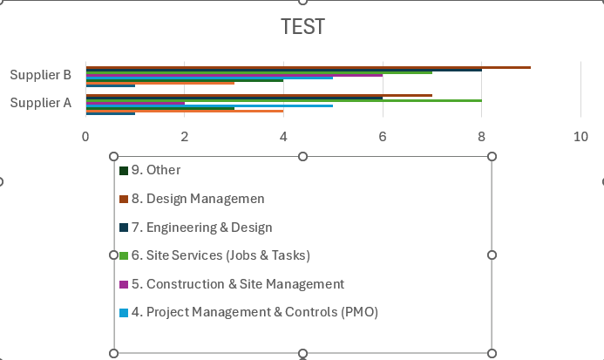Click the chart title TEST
pos(302,27)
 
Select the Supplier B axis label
pos(40,75)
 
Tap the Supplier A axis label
pos(40,103)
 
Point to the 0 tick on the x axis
pos(85,136)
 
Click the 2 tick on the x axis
pos(184,136)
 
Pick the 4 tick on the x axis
pos(283,136)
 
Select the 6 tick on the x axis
pos(383,136)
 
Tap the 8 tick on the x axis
pos(481,136)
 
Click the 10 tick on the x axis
pos(580,136)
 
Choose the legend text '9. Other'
pos(156,170)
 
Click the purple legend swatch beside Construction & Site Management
pos(124,284)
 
